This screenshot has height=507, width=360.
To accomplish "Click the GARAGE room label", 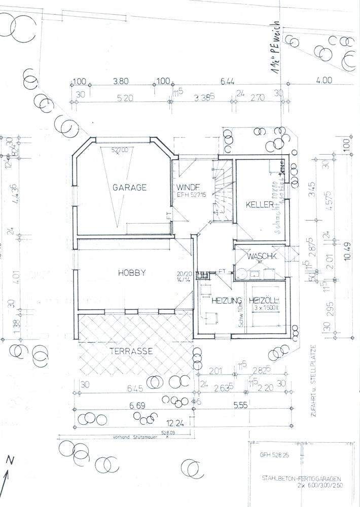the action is pos(129,187).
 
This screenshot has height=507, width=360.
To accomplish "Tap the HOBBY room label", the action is pos(132,273).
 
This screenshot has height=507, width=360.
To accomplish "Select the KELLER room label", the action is pos(260,205).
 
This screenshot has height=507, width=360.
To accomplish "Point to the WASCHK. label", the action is pos(262,257).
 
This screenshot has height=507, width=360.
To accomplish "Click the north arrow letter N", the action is pos(10,460).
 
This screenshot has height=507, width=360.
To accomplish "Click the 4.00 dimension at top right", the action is pos(323,80).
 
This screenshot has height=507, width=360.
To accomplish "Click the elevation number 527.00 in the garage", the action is pos(120,151).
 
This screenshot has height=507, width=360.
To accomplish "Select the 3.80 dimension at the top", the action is pos(120,81).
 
